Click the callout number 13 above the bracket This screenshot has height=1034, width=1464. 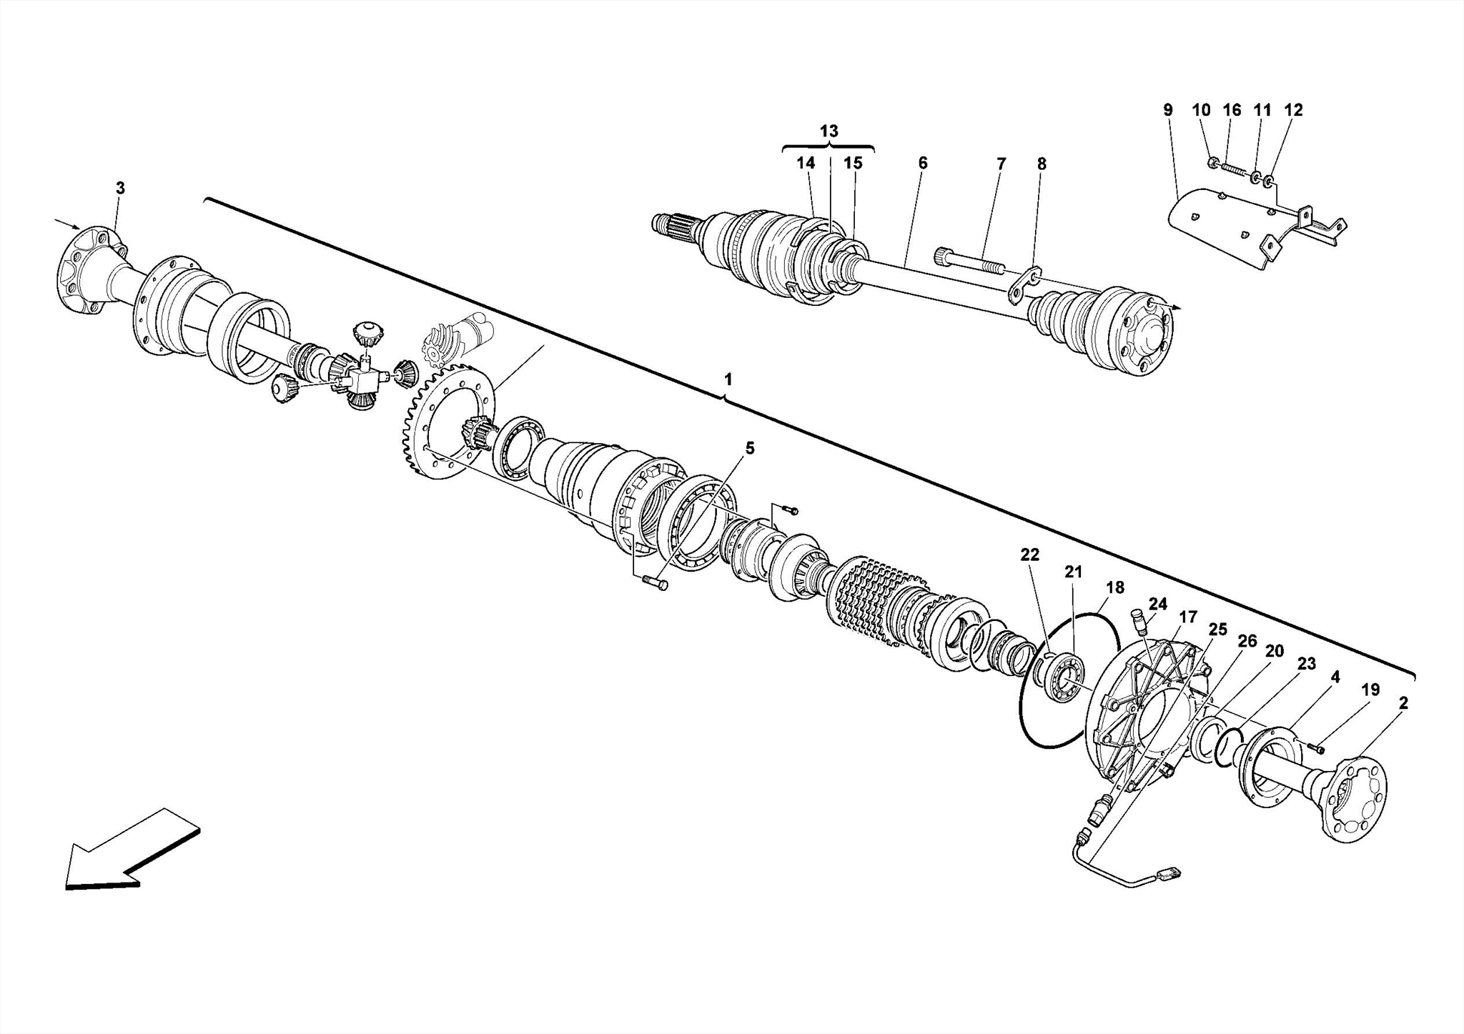(x=829, y=131)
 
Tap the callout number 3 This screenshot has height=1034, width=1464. (x=120, y=188)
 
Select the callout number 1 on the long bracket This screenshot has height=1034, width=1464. (x=728, y=379)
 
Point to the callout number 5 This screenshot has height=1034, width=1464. (x=749, y=448)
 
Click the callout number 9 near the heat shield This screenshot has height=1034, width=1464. (x=1167, y=110)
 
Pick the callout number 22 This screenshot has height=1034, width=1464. (x=1029, y=555)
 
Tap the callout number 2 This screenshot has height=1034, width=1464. (x=1403, y=703)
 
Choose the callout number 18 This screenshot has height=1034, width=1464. (x=1114, y=587)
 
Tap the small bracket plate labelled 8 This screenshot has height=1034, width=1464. (x=1025, y=284)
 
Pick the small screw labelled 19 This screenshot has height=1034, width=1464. (x=1316, y=747)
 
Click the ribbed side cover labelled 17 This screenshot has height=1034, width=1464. (x=1144, y=715)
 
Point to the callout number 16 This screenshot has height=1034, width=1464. (x=1231, y=110)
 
